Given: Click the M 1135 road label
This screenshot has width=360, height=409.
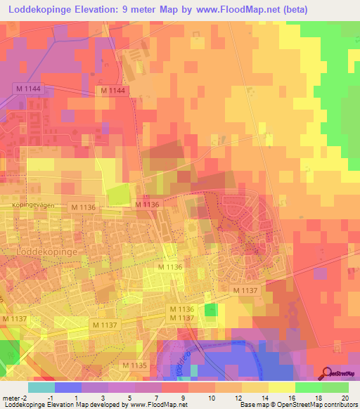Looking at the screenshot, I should pos(134,365).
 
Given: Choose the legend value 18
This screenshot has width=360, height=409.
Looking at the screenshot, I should pos(319,398).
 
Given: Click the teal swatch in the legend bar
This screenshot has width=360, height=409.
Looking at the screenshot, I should pos(41,387).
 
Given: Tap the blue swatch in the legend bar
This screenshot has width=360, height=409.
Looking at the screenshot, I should pos(68,387).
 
